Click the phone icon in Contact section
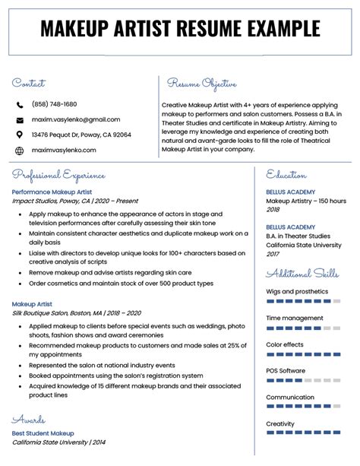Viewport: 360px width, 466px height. tap(19, 104)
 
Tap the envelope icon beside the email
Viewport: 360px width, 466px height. tap(19, 119)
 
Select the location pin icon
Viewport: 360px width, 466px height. tap(19, 135)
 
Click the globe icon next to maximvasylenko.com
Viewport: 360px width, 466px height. tap(19, 151)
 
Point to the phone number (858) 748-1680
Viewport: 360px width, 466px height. tap(54, 104)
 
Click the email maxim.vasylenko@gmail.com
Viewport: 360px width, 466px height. tap(75, 119)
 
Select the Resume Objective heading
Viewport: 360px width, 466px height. tap(202, 84)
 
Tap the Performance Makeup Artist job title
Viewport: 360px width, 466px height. tap(52, 192)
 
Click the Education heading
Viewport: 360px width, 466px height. tap(287, 176)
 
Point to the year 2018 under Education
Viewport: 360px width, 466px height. tap(273, 209)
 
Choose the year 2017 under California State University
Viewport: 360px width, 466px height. tap(273, 253)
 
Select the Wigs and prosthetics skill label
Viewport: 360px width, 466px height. tap(297, 291)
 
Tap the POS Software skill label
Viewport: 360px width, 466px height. tap(286, 370)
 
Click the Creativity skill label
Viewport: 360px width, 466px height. tap(281, 423)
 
